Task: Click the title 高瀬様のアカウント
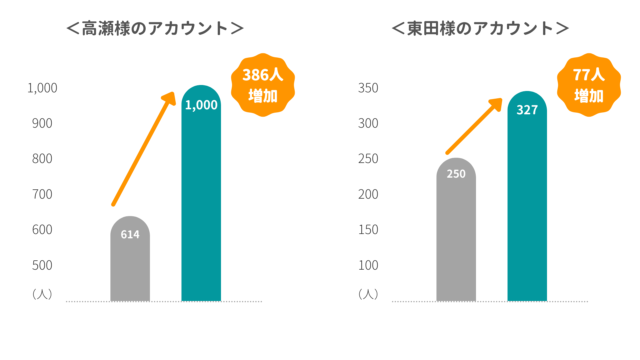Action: (155, 28)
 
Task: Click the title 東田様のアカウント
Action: (480, 28)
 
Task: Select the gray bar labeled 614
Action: (130, 263)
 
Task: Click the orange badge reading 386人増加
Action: (263, 85)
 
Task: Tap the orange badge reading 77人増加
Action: (589, 85)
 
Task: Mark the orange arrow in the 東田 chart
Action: (473, 127)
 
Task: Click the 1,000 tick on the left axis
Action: (42, 88)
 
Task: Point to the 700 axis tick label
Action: (42, 194)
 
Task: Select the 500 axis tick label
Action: (42, 265)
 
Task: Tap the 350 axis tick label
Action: (368, 88)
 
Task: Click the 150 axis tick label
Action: (368, 230)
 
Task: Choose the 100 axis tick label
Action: (368, 265)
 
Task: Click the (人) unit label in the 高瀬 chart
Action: (42, 294)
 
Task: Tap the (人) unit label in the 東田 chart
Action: (368, 294)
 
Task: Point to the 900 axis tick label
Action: (42, 123)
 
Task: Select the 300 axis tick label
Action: (368, 123)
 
